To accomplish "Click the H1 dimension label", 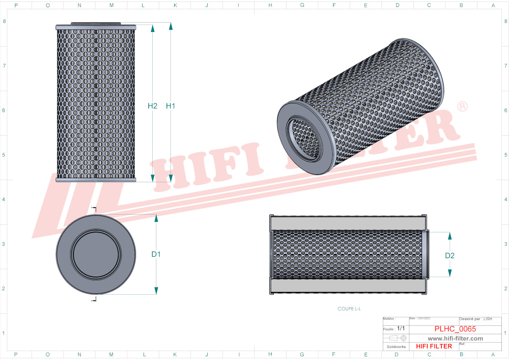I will [171, 106].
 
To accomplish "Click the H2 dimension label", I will [152, 106].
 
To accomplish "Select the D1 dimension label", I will [156, 254].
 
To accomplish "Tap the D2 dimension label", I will [450, 256].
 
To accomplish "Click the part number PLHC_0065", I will [455, 329].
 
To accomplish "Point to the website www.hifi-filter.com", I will [455, 339].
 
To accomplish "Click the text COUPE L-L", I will [349, 309].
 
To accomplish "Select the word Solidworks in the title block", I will [396, 347].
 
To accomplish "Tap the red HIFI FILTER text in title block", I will [434, 346].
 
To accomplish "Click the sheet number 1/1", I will [401, 328].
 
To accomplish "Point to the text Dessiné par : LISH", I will [476, 319].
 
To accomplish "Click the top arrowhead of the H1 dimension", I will [171, 26].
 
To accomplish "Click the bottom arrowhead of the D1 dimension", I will [156, 291].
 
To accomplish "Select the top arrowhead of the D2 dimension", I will [450, 236].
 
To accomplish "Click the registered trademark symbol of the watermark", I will [462, 107].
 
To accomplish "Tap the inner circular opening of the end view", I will [96, 254].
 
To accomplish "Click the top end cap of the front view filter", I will [96, 27].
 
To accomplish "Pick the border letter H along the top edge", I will [270, 5].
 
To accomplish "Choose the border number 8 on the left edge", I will [4, 21].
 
